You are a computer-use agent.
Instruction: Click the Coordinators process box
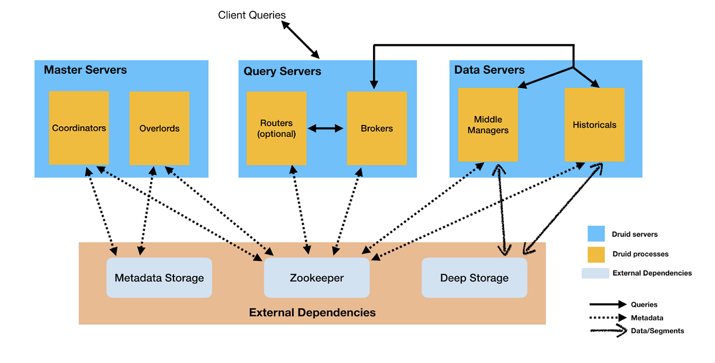point(79,128)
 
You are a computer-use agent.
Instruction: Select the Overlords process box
point(159,128)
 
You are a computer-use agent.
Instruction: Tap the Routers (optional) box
point(276,128)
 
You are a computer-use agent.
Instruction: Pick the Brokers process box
point(377,128)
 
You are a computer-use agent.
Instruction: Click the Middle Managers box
point(488,124)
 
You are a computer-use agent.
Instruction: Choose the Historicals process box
point(595,124)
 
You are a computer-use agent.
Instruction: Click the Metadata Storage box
point(159,277)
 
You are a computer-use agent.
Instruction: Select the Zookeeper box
point(316,277)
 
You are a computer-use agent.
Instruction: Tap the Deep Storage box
point(474,277)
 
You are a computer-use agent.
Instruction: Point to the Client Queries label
point(252,15)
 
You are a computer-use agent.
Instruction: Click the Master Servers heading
point(85,70)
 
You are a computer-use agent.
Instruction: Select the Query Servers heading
point(282,71)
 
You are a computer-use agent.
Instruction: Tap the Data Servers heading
point(489,70)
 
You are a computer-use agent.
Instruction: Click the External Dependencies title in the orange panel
point(312,312)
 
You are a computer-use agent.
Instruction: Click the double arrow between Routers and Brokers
point(325,129)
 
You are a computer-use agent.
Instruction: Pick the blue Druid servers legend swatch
point(596,234)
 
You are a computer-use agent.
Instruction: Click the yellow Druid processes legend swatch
point(596,255)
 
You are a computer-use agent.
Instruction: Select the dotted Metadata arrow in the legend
point(608,318)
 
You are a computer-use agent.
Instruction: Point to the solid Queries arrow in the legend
point(608,304)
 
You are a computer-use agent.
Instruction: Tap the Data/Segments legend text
point(658,331)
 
